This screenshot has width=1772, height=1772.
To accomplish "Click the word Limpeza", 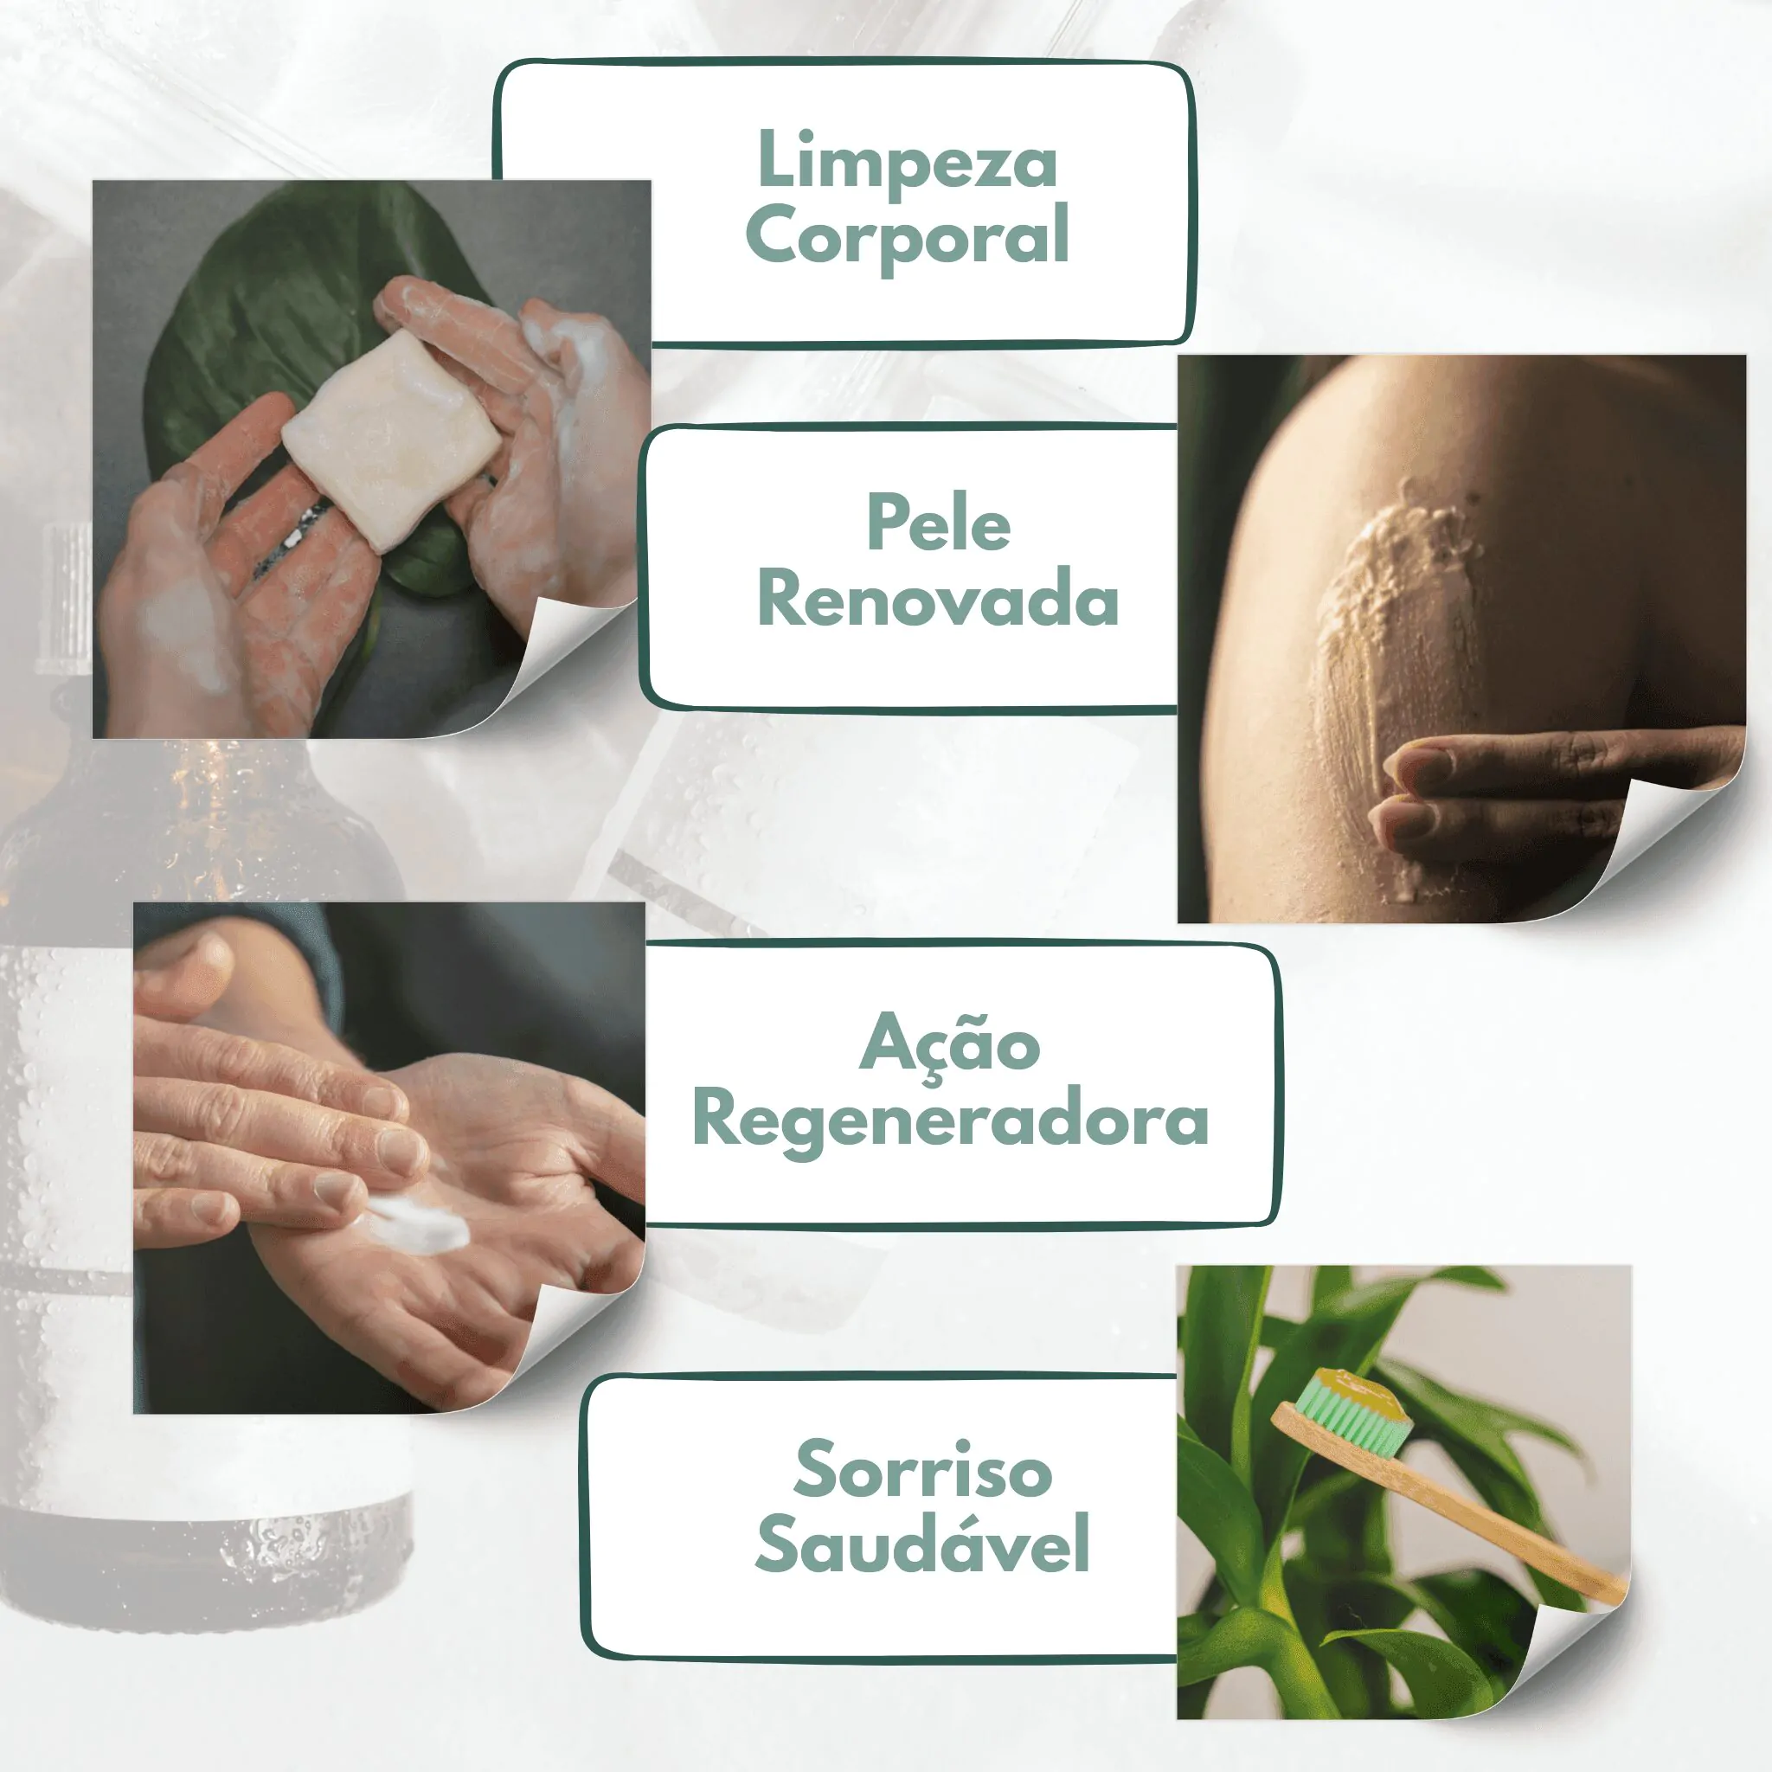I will coord(907,163).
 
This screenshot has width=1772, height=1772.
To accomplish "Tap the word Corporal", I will coord(907,236).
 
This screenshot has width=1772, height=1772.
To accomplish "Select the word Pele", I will coord(938,523).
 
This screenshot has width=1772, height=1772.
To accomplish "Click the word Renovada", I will coord(937,600).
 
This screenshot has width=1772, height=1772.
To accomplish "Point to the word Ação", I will coord(949,1043).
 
